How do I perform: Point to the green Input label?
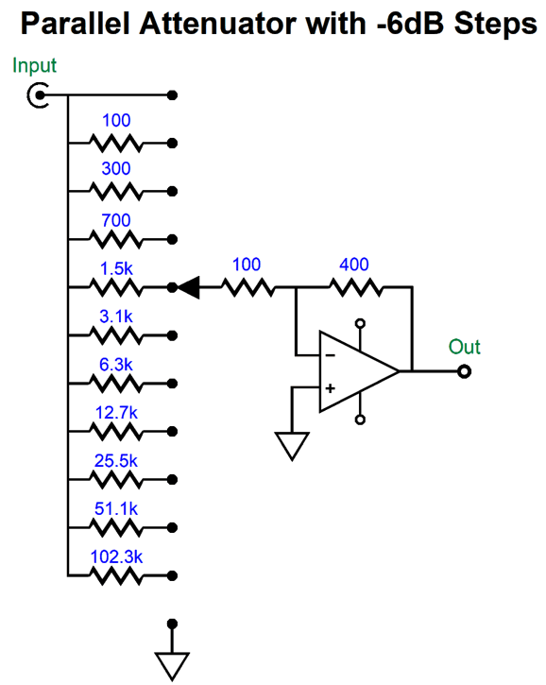click(x=34, y=66)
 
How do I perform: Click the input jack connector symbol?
click(x=39, y=95)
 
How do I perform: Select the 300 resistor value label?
click(x=115, y=169)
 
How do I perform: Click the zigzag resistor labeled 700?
click(x=115, y=239)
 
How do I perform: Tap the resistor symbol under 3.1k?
click(x=115, y=335)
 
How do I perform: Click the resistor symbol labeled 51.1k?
click(x=115, y=527)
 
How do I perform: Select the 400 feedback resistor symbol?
click(x=355, y=287)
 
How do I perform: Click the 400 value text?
click(x=355, y=265)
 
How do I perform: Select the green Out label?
click(x=464, y=348)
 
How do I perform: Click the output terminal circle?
click(x=464, y=372)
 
